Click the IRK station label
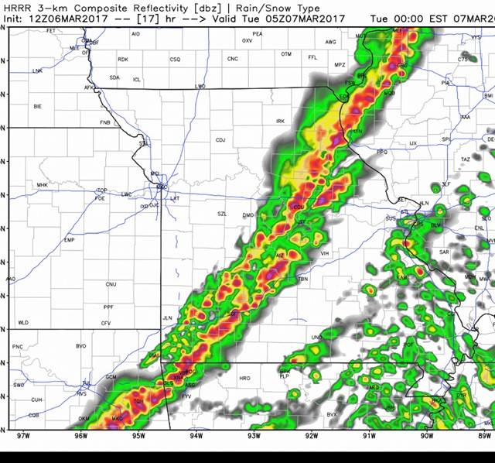click(281, 121)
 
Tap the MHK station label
click(42, 185)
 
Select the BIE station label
click(37, 106)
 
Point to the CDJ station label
click(220, 140)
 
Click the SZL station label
click(222, 214)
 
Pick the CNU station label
click(111, 284)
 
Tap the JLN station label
click(167, 317)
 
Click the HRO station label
click(244, 378)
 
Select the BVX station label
click(333, 414)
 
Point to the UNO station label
click(316, 338)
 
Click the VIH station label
click(325, 253)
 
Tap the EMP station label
click(69, 241)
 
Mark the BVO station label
click(80, 345)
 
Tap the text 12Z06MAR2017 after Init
click(64, 18)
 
